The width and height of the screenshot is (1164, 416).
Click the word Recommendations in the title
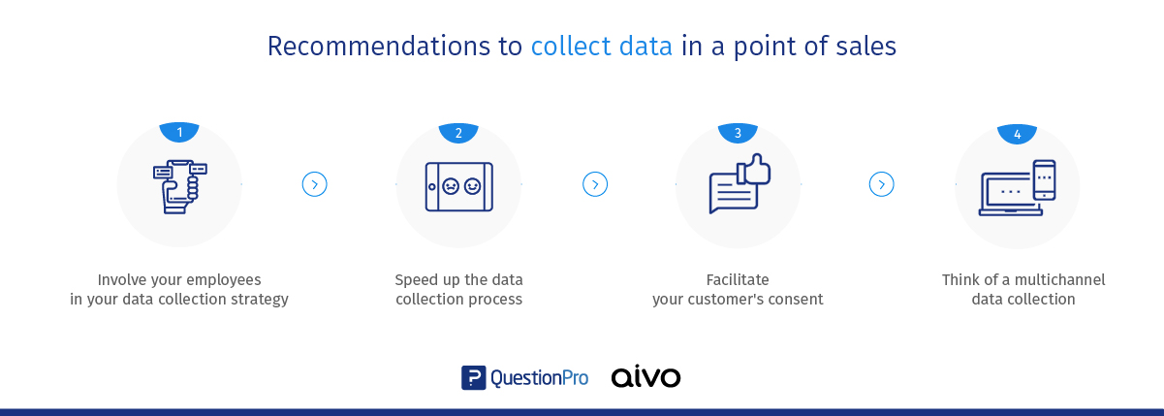point(379,46)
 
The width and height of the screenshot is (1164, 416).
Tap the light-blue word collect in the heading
point(571,46)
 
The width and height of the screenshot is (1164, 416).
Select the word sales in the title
point(865,46)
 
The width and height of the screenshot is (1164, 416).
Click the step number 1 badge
point(179,132)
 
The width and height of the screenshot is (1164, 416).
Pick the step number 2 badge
point(458,133)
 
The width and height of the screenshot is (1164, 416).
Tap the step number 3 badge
point(738,133)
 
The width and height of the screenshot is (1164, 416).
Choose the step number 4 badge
point(1017,134)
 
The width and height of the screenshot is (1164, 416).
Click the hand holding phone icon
point(180,186)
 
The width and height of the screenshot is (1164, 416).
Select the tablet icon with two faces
point(458,187)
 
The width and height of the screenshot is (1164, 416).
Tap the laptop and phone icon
point(1017,188)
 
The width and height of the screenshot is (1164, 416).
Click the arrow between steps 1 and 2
point(314,184)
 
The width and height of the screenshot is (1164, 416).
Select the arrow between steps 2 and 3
point(595,184)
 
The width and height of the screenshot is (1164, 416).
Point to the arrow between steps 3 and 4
point(881,184)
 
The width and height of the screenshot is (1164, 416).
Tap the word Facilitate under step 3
point(738,280)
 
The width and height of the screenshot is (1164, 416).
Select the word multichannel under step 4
point(1059,280)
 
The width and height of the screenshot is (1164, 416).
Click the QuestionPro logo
point(525,377)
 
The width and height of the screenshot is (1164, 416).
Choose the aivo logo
point(645,376)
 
